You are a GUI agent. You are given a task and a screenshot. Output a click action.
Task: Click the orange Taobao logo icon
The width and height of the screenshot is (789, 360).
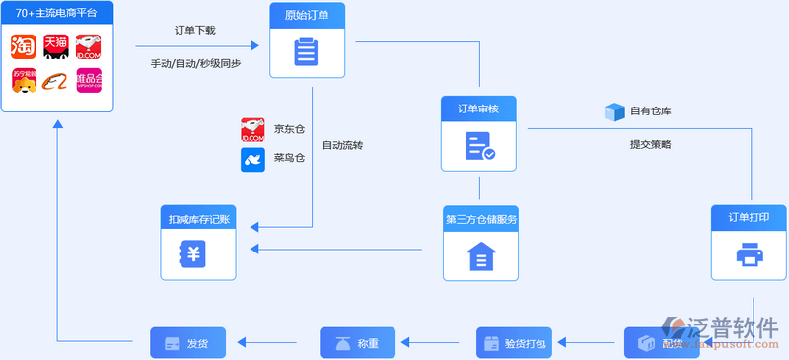click(x=24, y=45)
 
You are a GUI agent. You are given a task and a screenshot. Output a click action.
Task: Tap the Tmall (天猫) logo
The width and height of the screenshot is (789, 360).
click(x=56, y=45)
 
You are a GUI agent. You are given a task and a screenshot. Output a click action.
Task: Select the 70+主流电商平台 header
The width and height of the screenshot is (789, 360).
click(x=57, y=14)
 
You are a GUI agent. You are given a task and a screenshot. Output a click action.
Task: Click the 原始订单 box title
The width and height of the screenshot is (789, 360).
click(x=306, y=15)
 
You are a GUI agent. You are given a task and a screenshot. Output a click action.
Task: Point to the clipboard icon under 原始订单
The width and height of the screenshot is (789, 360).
click(x=306, y=51)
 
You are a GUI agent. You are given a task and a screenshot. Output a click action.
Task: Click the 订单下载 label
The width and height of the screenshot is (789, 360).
click(x=194, y=30)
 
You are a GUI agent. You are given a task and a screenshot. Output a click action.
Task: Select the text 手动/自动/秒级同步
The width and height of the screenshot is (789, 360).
click(x=195, y=63)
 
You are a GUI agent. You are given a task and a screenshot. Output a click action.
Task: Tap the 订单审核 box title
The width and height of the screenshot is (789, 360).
click(x=478, y=108)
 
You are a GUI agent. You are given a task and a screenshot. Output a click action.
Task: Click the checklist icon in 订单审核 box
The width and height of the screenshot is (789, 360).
click(x=479, y=146)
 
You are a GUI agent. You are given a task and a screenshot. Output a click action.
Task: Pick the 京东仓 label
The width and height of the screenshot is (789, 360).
click(x=289, y=128)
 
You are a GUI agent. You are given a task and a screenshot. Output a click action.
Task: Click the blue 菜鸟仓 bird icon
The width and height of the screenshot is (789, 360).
click(x=253, y=160)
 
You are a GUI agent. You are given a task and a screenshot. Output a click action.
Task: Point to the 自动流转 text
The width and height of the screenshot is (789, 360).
click(x=342, y=145)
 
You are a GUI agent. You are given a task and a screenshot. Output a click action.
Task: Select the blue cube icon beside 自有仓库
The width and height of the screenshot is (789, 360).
click(x=615, y=111)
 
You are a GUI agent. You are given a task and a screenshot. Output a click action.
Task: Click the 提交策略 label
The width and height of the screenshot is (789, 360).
click(x=651, y=144)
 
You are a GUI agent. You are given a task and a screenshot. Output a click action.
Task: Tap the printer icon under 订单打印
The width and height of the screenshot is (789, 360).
click(x=749, y=255)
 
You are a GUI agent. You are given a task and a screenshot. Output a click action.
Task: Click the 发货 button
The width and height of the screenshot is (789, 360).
click(x=187, y=343)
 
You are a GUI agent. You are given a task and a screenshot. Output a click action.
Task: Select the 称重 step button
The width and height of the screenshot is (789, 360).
click(x=357, y=343)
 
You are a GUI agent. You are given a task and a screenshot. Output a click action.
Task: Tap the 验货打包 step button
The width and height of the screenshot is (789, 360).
click(x=518, y=343)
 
